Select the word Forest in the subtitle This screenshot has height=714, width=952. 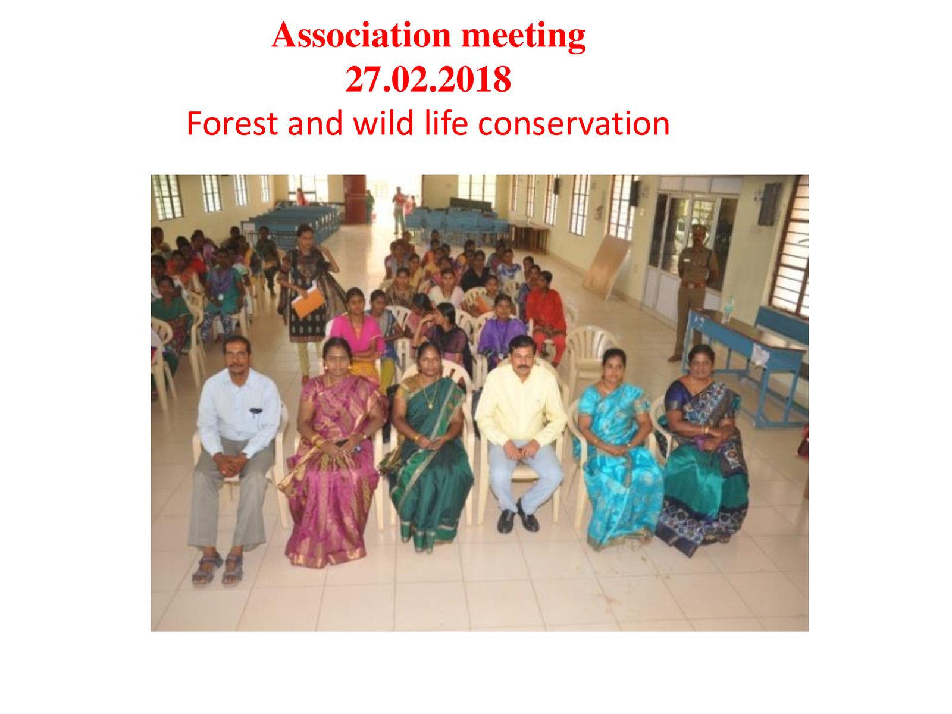[x=232, y=124]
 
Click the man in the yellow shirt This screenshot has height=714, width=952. [x=521, y=434]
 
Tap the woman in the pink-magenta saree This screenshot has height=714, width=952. [x=332, y=451]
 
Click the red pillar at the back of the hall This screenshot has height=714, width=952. [x=355, y=199]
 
